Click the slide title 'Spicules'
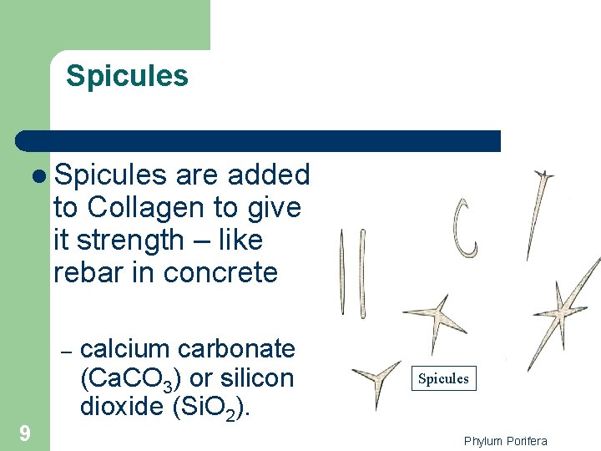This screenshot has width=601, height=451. click(x=127, y=76)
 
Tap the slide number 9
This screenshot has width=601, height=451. click(x=25, y=433)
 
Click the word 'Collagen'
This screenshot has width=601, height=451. click(x=140, y=207)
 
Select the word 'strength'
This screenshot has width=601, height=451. click(x=131, y=240)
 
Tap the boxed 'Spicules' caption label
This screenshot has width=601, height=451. click(x=443, y=378)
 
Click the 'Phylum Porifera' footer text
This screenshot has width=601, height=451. click(x=506, y=440)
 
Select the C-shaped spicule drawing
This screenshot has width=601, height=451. click(x=466, y=227)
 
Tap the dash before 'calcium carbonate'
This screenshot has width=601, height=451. click(x=67, y=350)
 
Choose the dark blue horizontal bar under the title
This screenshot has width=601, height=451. click(x=259, y=141)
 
